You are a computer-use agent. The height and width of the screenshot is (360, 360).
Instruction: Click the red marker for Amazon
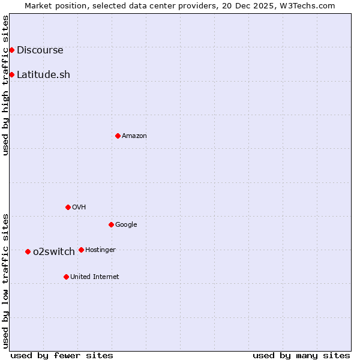(118, 136)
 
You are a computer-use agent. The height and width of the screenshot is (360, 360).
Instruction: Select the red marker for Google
(111, 224)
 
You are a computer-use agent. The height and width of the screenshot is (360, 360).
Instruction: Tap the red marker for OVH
(68, 207)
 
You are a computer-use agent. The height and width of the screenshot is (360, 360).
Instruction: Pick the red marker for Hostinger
(81, 250)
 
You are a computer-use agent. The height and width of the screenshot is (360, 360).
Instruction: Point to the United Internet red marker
(66, 277)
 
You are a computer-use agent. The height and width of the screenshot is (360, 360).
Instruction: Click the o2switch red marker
(28, 251)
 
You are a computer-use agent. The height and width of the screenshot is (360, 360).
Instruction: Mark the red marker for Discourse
(11, 50)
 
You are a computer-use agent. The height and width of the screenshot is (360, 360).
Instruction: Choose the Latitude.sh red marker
(11, 74)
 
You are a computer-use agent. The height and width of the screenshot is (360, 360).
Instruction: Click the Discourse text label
(40, 50)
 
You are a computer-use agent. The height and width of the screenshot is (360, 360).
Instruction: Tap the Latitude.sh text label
(43, 75)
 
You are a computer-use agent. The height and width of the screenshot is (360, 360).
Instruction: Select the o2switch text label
(54, 252)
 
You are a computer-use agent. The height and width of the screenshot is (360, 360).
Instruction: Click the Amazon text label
(134, 136)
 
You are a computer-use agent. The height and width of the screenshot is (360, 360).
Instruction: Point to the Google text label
(126, 225)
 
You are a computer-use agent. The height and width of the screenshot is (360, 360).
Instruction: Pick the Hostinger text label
(100, 250)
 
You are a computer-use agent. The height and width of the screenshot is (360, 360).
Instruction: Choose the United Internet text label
(94, 277)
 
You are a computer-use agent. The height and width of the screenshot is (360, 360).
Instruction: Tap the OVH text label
(79, 208)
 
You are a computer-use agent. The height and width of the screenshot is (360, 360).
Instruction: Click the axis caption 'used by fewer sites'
(62, 355)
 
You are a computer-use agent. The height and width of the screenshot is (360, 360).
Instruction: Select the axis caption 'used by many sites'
(301, 355)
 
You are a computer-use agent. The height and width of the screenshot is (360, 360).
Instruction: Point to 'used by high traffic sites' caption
(6, 85)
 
